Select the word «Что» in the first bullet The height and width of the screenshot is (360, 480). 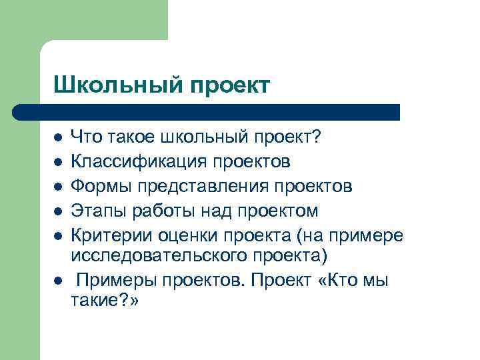point(85,137)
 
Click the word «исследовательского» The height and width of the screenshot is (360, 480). point(150,257)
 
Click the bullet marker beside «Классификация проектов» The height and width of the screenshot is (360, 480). point(59,162)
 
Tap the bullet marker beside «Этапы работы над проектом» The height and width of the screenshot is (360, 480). point(59,212)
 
